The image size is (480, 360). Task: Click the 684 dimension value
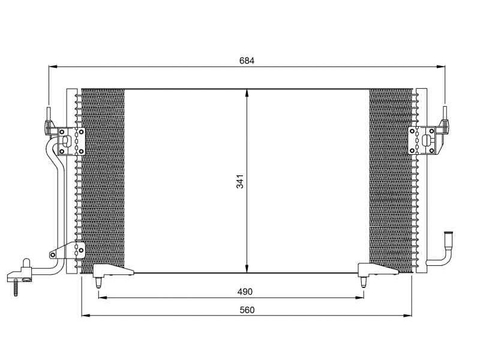[x=247, y=61]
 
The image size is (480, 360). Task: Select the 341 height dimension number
[x=240, y=181]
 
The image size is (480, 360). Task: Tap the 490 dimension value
[x=245, y=292]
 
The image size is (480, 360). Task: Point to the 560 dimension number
[x=247, y=310]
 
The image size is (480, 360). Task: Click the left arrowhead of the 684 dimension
[x=53, y=67]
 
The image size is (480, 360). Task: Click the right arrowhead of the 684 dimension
[x=441, y=67]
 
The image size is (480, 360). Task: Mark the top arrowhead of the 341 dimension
[x=247, y=94]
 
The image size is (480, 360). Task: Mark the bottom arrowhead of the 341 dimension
[x=247, y=268]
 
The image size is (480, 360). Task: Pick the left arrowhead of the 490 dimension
[x=103, y=297]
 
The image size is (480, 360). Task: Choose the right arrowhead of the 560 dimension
[x=407, y=316]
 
